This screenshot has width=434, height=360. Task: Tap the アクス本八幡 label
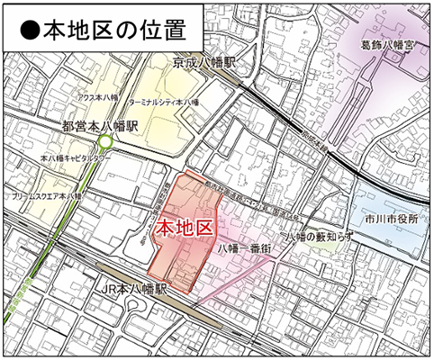[99, 95]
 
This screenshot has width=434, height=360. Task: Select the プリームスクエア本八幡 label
[47, 193]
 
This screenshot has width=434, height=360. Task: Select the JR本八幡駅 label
[132, 290]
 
